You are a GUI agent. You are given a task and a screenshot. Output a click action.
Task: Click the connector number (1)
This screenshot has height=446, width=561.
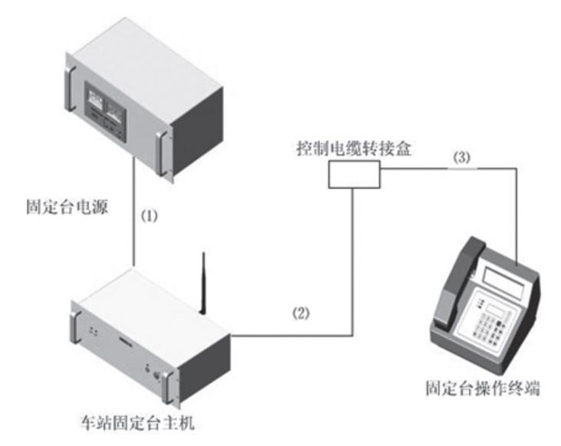point(152,215)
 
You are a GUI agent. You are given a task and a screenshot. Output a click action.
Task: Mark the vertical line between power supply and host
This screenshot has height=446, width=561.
point(135,223)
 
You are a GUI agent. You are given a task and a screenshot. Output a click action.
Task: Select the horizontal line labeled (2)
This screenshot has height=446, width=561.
point(291,335)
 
